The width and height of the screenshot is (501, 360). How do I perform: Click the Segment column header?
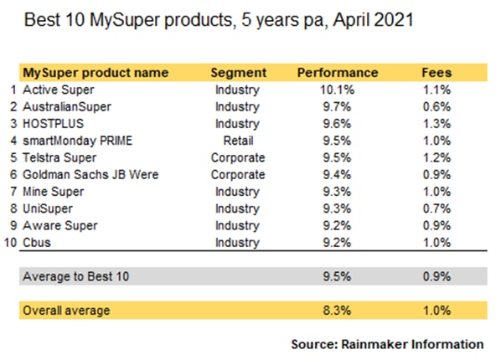click(239, 73)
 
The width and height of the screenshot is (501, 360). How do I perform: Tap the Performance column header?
click(338, 73)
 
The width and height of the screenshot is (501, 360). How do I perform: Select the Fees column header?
click(436, 73)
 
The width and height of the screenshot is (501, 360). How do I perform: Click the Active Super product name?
click(59, 90)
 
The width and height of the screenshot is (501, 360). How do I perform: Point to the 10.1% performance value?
click(338, 90)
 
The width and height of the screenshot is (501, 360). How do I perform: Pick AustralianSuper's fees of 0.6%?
click(436, 106)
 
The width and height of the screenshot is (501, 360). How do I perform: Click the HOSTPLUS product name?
click(53, 124)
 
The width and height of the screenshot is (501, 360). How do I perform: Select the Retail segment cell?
click(239, 141)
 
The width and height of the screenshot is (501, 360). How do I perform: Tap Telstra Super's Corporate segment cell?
click(238, 157)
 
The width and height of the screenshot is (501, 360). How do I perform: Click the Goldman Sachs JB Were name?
click(90, 175)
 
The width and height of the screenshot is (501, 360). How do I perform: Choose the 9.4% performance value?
click(337, 175)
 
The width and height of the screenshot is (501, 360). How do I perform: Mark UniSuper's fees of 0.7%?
click(436, 208)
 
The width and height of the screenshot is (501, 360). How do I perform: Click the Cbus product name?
click(37, 243)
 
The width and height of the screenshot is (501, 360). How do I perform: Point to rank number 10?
click(10, 243)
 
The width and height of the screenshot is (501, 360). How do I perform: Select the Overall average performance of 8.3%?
click(337, 310)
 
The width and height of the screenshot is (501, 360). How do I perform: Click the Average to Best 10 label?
click(76, 276)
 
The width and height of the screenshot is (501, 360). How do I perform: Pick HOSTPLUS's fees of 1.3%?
click(436, 124)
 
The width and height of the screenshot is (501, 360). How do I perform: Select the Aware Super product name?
click(60, 225)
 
